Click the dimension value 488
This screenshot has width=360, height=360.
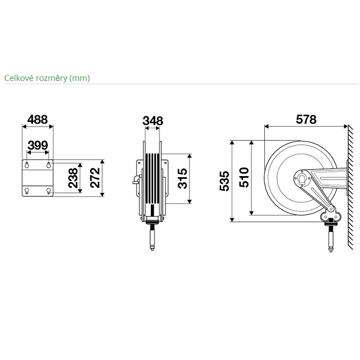[38, 120]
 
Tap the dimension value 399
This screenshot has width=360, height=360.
[38, 145]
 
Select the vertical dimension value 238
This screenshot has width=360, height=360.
[74, 178]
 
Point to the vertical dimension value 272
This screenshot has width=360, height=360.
[95, 178]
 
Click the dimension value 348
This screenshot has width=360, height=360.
[153, 121]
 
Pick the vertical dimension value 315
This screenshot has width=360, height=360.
[182, 178]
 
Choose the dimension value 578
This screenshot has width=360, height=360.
[306, 120]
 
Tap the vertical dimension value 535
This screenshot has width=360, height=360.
[224, 181]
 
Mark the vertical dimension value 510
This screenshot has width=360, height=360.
[244, 178]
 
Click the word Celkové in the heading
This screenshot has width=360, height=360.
[19, 78]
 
